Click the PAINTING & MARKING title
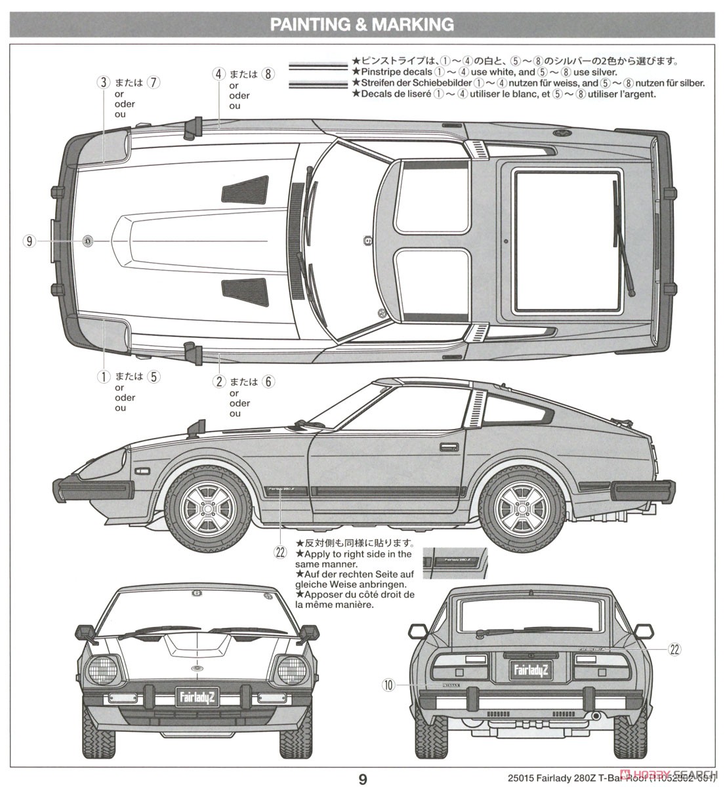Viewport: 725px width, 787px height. tap(362, 25)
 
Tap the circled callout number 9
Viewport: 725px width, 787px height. tap(28, 241)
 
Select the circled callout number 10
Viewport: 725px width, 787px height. tap(388, 685)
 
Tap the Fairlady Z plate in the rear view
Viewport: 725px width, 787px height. tap(532, 670)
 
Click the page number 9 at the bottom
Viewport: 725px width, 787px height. tap(362, 778)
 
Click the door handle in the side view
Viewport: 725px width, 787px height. tap(450, 447)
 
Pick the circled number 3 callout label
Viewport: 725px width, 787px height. tap(103, 83)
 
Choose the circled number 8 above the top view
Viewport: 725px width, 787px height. tap(267, 73)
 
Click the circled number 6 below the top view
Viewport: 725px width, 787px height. tap(267, 381)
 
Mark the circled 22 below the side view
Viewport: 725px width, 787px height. tap(281, 552)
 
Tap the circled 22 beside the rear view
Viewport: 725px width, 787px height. tap(674, 649)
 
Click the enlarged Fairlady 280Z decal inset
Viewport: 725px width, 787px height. tap(455, 563)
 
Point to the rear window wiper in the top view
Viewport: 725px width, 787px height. tap(623, 239)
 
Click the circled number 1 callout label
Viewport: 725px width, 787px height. tap(103, 376)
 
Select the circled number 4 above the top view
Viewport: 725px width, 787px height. tap(219, 73)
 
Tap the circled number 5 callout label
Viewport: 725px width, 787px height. tap(154, 376)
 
